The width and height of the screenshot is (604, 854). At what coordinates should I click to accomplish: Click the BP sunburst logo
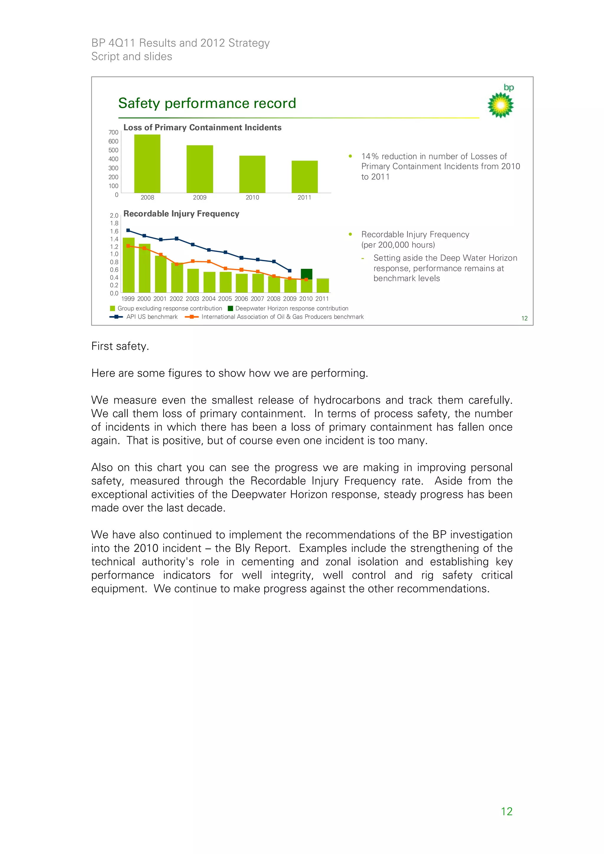pyautogui.click(x=500, y=105)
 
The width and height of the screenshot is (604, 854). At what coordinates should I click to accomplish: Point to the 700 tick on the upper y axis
pyautogui.click(x=113, y=132)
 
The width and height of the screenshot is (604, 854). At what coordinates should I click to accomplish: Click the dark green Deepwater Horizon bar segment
pyautogui.click(x=306, y=274)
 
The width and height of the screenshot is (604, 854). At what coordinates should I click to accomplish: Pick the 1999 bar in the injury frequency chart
pyautogui.click(x=128, y=265)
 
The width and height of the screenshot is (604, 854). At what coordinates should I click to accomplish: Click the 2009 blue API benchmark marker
pyautogui.click(x=290, y=270)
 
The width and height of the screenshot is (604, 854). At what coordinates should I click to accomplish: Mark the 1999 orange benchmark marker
pyautogui.click(x=128, y=246)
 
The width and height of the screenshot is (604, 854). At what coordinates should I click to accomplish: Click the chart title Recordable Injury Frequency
pyautogui.click(x=181, y=213)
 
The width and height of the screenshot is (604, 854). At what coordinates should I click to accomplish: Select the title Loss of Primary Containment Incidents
pyautogui.click(x=202, y=127)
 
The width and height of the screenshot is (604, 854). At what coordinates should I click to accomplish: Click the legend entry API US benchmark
pyautogui.click(x=152, y=317)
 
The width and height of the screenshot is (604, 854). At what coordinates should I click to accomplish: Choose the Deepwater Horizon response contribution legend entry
pyautogui.click(x=291, y=308)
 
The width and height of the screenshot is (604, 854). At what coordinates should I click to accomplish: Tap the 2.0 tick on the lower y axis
pyautogui.click(x=114, y=215)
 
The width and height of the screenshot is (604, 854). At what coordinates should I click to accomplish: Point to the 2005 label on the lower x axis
pyautogui.click(x=225, y=299)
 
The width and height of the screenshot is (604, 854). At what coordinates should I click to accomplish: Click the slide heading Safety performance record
pyautogui.click(x=207, y=103)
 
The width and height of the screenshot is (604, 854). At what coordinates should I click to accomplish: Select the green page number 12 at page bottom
pyautogui.click(x=506, y=811)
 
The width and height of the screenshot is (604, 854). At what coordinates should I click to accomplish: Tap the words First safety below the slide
pyautogui.click(x=120, y=346)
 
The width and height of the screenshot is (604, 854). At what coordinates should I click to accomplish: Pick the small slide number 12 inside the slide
pyautogui.click(x=524, y=318)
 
